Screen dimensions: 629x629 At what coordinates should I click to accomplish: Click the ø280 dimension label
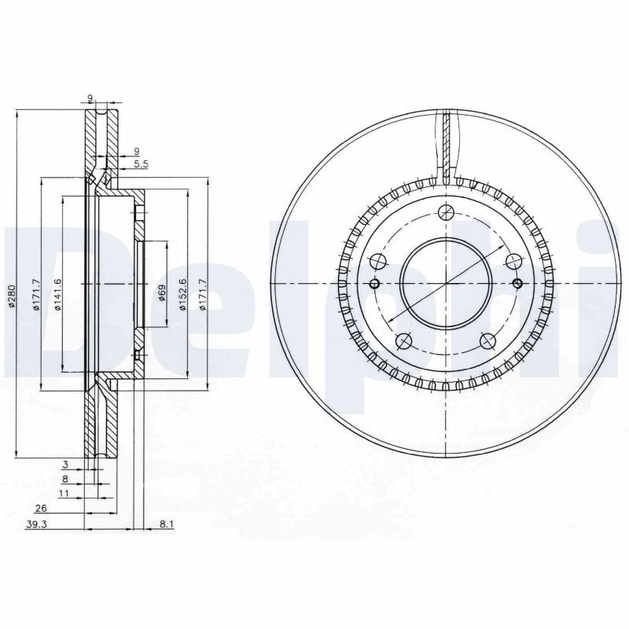[12, 296]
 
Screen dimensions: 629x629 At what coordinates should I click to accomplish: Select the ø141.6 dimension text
[57, 294]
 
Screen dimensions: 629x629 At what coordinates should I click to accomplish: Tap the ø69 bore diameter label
[162, 292]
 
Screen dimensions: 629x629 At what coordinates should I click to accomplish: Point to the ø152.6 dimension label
[183, 294]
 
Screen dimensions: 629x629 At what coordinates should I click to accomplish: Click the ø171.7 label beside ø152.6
[203, 294]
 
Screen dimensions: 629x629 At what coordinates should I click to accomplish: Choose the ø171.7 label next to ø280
[36, 294]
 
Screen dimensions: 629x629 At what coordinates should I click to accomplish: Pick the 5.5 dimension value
[141, 164]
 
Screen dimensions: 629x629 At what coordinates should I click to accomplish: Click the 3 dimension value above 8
[66, 465]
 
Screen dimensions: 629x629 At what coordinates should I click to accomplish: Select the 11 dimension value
[64, 494]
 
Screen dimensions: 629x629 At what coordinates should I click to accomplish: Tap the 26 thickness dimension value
[42, 508]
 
